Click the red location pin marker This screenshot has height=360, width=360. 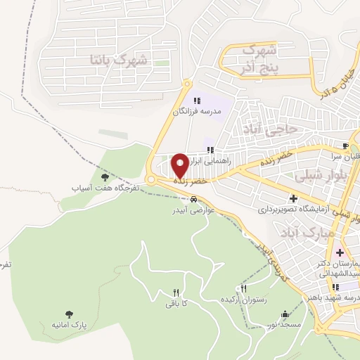coord(181,165)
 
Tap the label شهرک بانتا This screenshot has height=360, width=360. coord(120,60)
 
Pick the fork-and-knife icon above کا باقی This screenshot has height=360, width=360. coord(176,292)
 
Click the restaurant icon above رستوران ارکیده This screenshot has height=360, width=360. coord(244,288)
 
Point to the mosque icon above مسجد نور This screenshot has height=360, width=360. coord(283,314)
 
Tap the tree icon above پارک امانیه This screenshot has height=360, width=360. coord(69,314)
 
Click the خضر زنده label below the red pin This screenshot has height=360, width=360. coord(190,181)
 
